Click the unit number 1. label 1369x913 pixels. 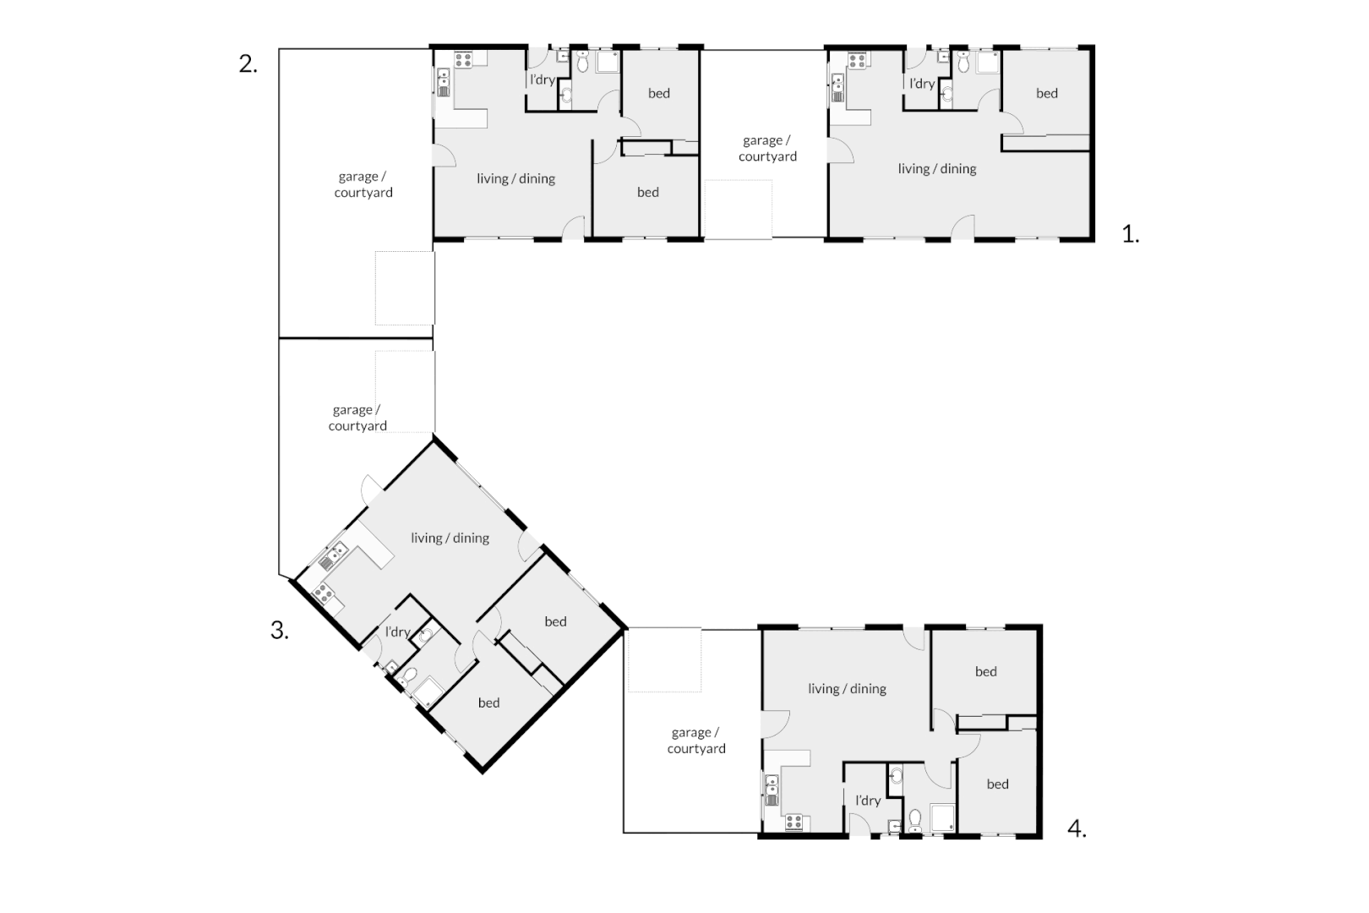coord(1130,234)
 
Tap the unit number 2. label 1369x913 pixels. coord(248,64)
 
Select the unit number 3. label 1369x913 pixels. coord(279,630)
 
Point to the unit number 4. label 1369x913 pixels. coord(1076,828)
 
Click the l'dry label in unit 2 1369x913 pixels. coord(542,80)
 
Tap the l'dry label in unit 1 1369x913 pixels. coord(921,84)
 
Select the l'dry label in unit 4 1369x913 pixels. coord(867,801)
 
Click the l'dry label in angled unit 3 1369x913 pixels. coord(397,631)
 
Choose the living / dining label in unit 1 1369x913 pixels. coord(936,169)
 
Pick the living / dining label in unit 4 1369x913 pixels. coord(846,689)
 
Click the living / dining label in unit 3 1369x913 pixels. coord(450,538)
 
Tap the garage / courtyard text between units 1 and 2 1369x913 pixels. coord(766,149)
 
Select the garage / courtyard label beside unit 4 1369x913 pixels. coord(695,741)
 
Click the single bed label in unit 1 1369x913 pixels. coord(1046,94)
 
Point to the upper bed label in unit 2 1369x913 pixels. coord(658,94)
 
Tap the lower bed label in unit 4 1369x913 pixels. coord(997,785)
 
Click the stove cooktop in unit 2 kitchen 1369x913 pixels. coord(464,60)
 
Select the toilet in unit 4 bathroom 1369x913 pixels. coord(914,818)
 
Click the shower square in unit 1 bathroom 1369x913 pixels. coord(985,64)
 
